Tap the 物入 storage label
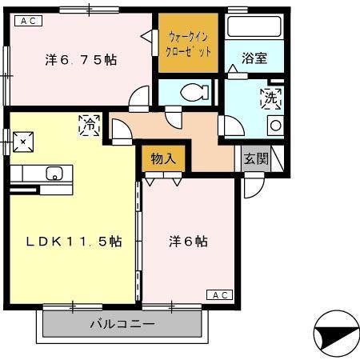[x=163, y=158]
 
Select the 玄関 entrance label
[x=257, y=158]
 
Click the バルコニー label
[x=121, y=324]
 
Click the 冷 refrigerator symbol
[x=90, y=124]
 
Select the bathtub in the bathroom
[x=254, y=26]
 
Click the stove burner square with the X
[x=23, y=142]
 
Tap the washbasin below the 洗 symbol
[x=274, y=125]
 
